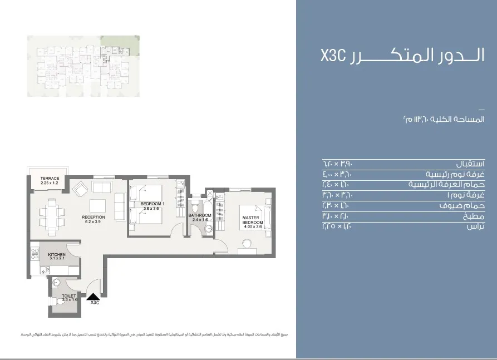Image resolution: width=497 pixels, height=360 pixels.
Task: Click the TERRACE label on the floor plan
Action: (50, 179)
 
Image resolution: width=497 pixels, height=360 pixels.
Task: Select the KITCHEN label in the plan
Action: (57, 255)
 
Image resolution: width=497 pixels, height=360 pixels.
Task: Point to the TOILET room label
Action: (69, 296)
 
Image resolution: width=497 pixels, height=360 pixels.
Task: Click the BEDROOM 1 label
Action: (152, 204)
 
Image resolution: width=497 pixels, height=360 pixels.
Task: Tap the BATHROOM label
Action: (199, 215)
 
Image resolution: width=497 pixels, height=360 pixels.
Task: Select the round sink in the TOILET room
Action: (55, 283)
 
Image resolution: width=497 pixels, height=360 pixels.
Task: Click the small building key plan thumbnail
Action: (83, 66)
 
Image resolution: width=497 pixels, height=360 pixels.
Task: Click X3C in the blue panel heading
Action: (333, 56)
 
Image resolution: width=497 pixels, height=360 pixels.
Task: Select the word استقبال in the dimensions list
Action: (470, 164)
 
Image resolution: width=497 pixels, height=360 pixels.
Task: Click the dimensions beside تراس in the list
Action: (337, 226)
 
